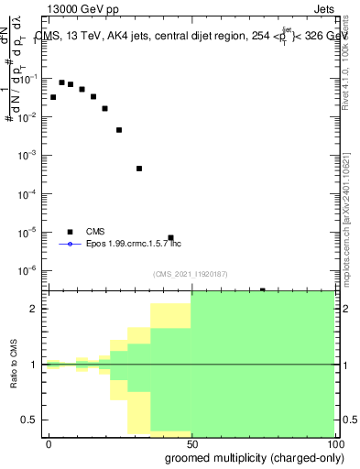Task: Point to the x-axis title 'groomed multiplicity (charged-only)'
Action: [x=255, y=457]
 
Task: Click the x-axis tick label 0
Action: [x=49, y=443]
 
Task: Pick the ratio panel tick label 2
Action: [x=34, y=309]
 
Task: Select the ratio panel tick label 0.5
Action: [x=29, y=420]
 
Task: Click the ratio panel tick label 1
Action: [x=34, y=365]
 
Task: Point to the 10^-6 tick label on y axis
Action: [x=27, y=270]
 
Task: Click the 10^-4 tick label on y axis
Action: [x=27, y=194]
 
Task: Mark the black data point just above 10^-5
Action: [x=170, y=237]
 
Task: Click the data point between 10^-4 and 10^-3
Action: [x=139, y=169]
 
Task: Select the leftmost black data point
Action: [x=53, y=97]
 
